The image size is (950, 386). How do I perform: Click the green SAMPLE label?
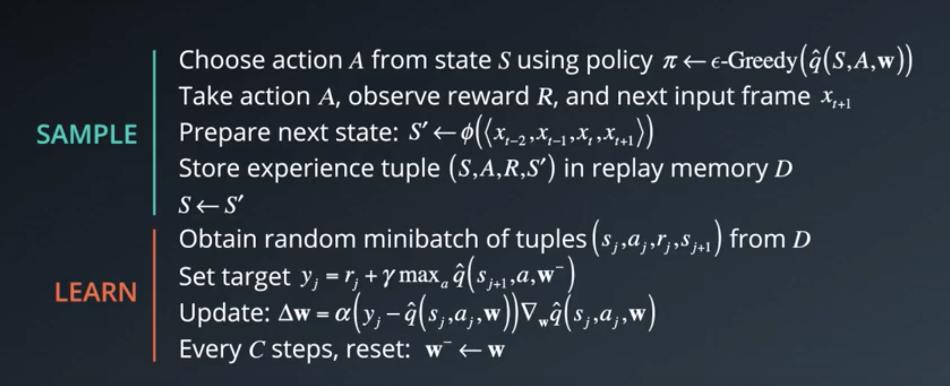87,134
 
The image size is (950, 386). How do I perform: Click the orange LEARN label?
96,292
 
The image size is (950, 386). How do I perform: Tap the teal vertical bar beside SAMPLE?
154,132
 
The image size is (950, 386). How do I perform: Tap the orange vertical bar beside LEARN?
154,296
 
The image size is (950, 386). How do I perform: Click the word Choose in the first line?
222,61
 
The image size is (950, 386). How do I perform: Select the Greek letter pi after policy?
669,62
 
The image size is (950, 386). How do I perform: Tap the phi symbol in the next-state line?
467,133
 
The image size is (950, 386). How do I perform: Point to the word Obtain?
218,239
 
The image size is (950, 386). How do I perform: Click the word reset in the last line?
378,350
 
